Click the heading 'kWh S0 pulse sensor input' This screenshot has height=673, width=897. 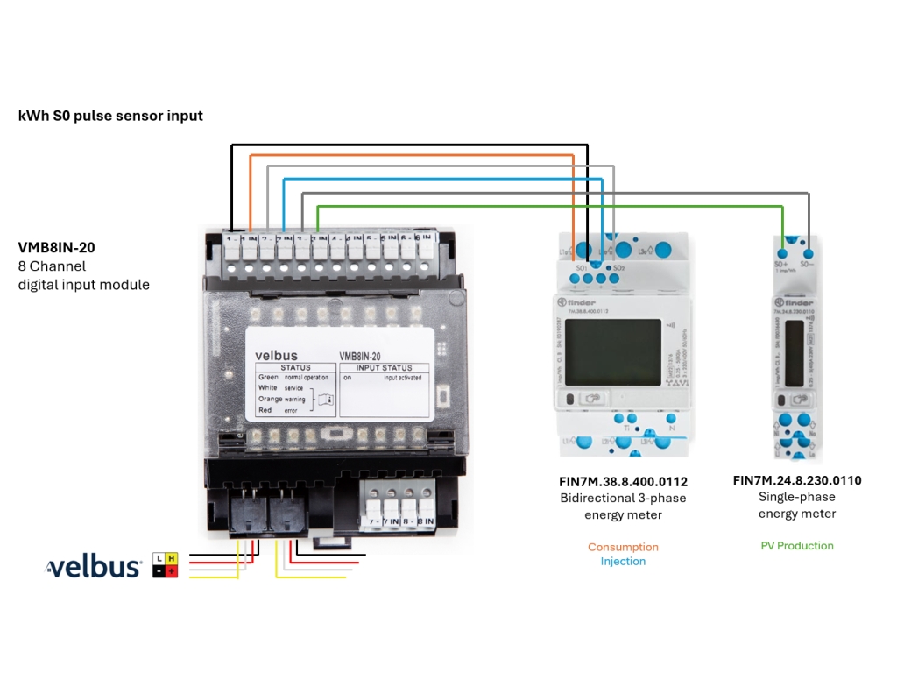click(x=110, y=116)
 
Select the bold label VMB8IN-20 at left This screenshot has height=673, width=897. click(x=56, y=248)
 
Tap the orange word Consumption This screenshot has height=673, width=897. click(x=623, y=547)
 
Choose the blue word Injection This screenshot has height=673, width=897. click(x=623, y=562)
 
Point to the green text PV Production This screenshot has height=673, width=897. click(x=797, y=546)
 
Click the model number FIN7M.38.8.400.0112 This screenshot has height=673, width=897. click(x=623, y=482)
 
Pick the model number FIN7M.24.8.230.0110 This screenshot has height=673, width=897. click(x=797, y=481)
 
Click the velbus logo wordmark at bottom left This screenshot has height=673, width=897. click(x=94, y=567)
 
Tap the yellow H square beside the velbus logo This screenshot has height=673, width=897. click(x=172, y=558)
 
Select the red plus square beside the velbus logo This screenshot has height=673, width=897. click(x=172, y=571)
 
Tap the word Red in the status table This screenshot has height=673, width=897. click(x=265, y=409)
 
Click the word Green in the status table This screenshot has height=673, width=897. click(x=268, y=378)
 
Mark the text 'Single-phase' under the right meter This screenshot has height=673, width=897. click(x=797, y=497)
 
